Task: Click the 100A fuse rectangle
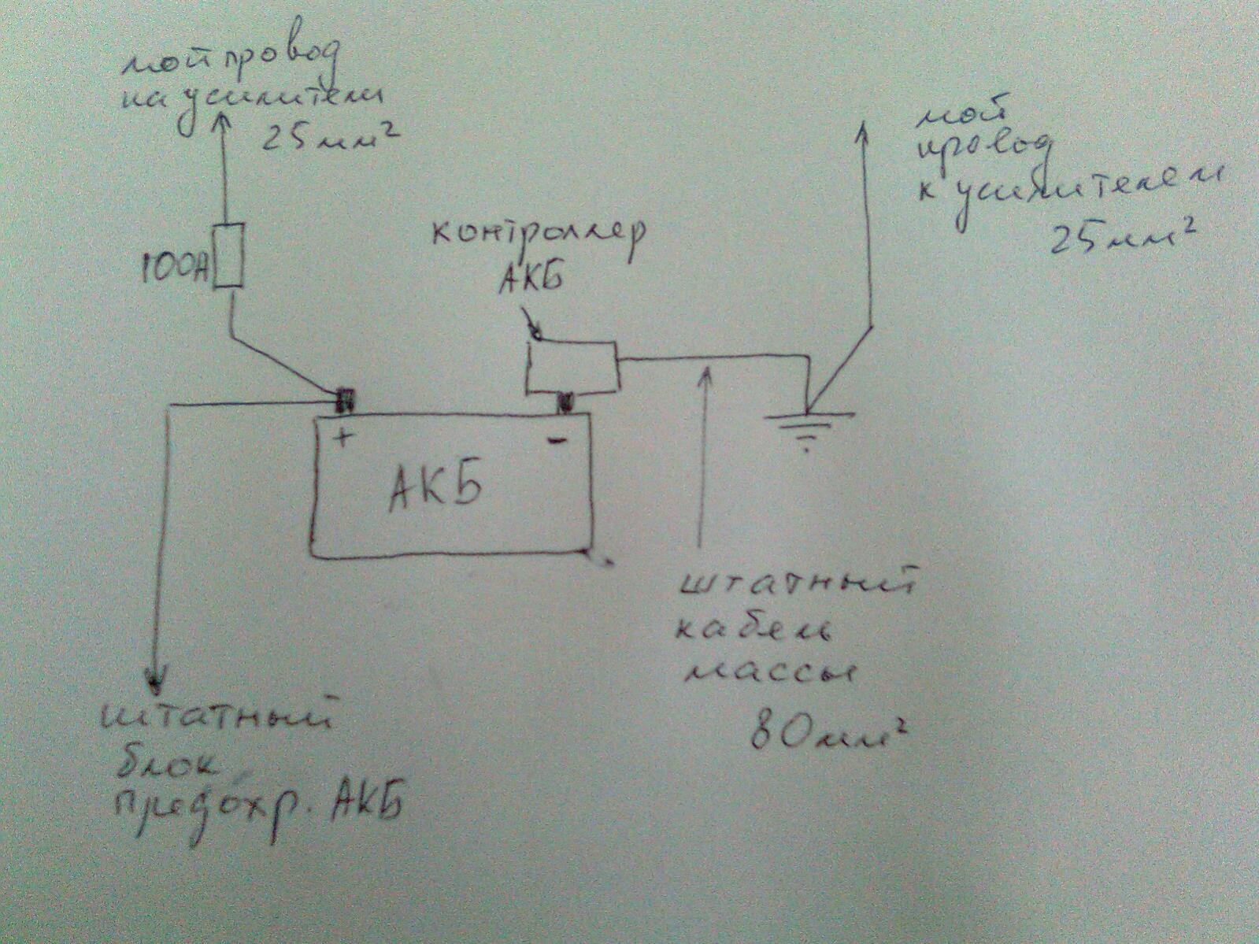(x=229, y=255)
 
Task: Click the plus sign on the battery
(x=343, y=436)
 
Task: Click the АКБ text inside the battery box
(x=435, y=490)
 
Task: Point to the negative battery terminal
(x=565, y=403)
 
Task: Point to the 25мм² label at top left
(x=326, y=141)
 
